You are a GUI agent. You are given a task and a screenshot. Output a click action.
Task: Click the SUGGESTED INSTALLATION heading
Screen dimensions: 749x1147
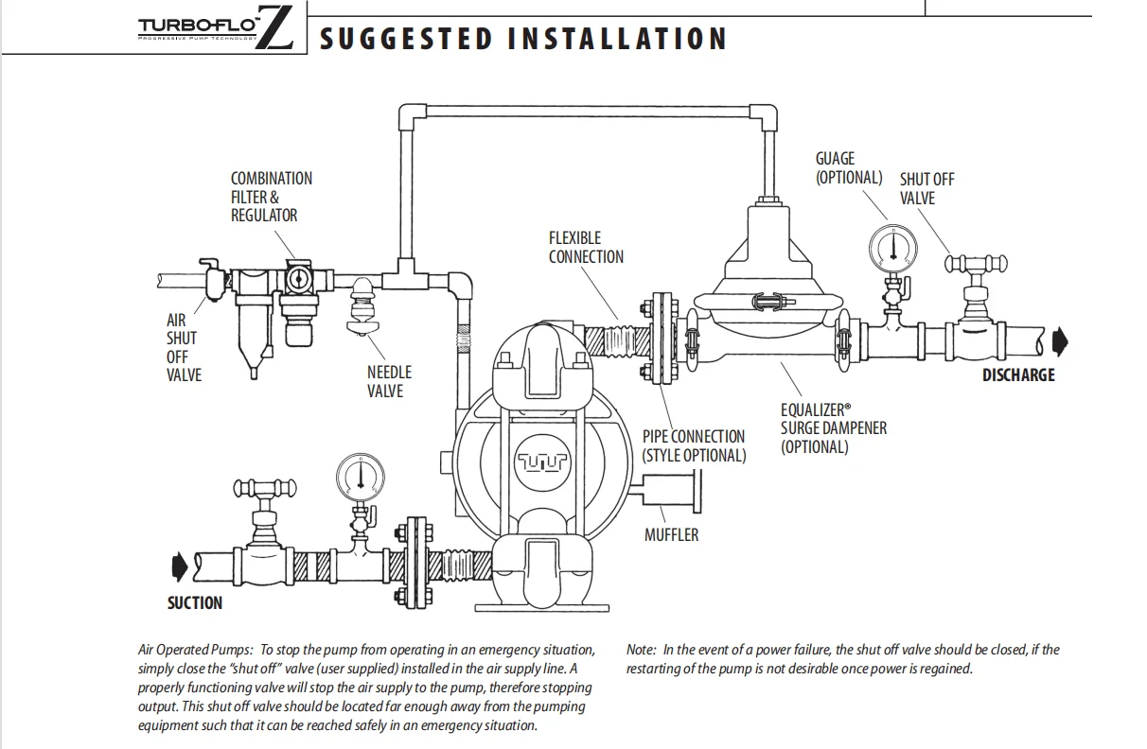(x=523, y=39)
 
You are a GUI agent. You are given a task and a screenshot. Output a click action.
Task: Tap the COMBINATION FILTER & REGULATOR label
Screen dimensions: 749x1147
(x=271, y=197)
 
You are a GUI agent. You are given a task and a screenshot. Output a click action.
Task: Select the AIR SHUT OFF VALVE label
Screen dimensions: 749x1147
(x=184, y=347)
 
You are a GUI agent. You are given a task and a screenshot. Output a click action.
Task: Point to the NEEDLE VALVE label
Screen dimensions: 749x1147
(x=389, y=381)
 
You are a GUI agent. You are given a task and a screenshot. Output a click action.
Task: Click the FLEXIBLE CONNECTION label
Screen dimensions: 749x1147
(x=586, y=247)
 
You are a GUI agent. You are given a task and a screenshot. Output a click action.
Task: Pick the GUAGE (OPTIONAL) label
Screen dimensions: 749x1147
(x=848, y=168)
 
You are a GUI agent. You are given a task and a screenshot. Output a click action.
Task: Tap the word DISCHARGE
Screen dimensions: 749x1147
(x=1017, y=374)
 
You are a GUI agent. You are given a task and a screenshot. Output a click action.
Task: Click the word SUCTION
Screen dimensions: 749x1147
(x=195, y=602)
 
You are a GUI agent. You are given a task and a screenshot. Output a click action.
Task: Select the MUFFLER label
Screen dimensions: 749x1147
(x=671, y=534)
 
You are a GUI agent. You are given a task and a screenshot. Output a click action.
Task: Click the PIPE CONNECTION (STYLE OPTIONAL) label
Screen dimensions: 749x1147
(x=694, y=445)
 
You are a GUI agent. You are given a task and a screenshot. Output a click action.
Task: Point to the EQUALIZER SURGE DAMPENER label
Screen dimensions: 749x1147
(x=833, y=427)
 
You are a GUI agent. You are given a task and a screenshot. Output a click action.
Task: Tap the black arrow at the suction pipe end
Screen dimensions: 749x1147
(x=180, y=566)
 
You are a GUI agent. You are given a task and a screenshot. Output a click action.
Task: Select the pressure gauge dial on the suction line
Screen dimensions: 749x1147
(x=360, y=477)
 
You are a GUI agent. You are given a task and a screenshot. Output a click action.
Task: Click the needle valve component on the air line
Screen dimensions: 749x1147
(x=363, y=305)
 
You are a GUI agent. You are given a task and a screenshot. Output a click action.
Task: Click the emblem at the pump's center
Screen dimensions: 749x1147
(x=542, y=462)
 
